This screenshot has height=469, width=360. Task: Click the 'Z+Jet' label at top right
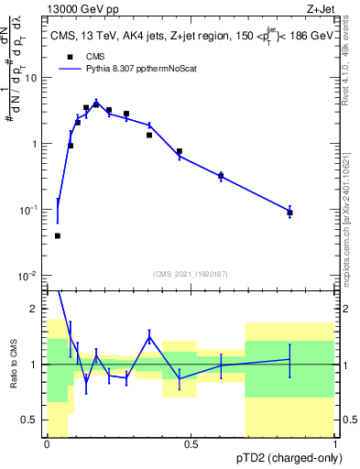pos(321,7)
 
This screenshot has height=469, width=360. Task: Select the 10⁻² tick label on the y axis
pos(29,277)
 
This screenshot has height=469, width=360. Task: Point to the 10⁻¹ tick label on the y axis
pos(29,211)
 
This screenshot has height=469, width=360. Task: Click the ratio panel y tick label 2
pos(37,309)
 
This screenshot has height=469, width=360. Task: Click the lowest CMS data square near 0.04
pos(58,235)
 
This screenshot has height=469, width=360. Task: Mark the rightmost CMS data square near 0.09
pos(289,213)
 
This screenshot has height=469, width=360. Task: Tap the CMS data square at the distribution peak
pos(96,104)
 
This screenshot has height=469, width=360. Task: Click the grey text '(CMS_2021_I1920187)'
pos(191,272)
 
